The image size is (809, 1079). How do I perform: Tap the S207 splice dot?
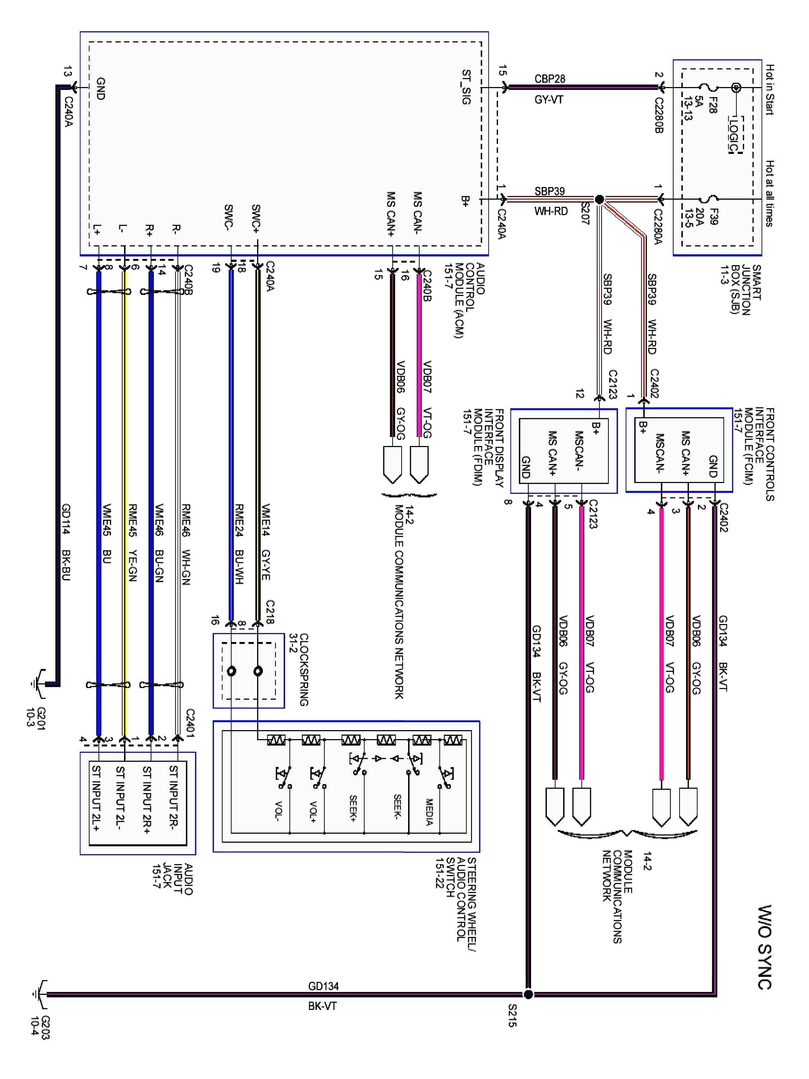pyautogui.click(x=600, y=199)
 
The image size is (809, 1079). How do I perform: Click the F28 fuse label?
pyautogui.click(x=712, y=105)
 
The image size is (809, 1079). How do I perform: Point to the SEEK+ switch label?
pyautogui.click(x=353, y=808)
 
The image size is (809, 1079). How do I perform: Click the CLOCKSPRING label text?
pyautogui.click(x=303, y=669)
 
